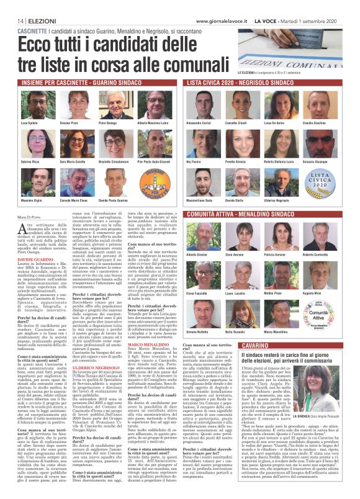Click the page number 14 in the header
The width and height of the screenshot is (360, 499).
13,21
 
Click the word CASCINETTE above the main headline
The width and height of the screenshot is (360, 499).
32,31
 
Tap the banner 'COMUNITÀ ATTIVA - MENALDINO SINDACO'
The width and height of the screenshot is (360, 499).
271,214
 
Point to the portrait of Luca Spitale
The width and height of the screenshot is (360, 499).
30,107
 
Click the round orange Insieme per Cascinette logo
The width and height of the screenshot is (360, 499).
145,178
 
